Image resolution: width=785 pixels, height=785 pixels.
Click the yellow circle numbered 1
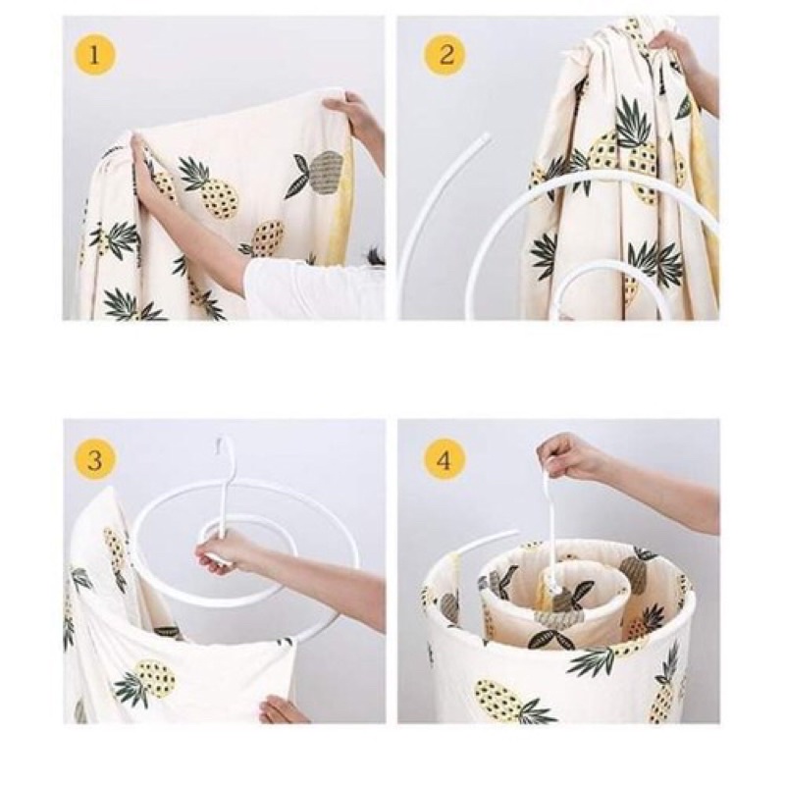click(94, 54)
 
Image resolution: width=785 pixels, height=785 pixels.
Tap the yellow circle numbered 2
click(445, 54)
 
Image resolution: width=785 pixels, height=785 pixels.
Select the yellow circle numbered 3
click(94, 459)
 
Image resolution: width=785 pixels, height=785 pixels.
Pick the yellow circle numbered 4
click(445, 459)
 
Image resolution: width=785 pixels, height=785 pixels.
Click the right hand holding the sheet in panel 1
click(350, 116)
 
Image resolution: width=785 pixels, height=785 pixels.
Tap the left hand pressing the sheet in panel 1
click(153, 170)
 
